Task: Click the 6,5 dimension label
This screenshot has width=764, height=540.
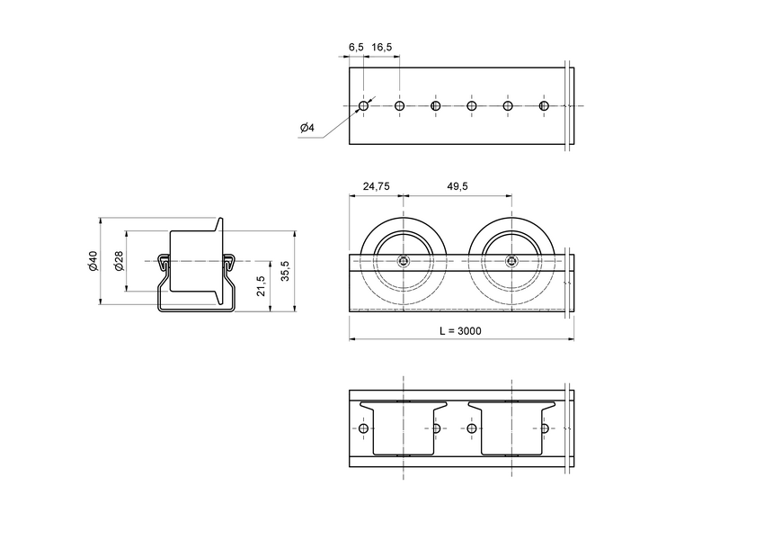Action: coord(355,46)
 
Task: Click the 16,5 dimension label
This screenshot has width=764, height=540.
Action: coord(382,46)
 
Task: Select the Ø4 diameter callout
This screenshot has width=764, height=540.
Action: coord(306,128)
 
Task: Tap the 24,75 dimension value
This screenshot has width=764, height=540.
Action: coord(376,186)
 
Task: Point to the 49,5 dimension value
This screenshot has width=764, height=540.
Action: coord(457,186)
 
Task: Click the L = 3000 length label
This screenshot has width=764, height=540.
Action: coord(460,330)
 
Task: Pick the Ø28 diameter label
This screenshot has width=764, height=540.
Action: coord(119,262)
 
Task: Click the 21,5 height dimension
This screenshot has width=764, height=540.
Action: coord(261,286)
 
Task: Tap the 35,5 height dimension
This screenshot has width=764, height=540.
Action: coord(285,272)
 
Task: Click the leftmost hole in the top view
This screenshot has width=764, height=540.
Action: coord(363,106)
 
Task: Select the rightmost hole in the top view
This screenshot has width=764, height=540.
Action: coord(543,106)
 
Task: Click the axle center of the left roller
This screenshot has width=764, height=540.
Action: coord(404,263)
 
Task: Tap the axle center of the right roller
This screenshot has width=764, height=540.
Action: coord(511,263)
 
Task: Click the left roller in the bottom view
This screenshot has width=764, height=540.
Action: coord(398,427)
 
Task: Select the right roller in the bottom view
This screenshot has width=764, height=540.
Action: coord(512,427)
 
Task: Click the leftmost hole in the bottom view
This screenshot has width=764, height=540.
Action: coord(363,428)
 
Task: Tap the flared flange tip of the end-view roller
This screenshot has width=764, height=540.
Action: coord(219,220)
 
